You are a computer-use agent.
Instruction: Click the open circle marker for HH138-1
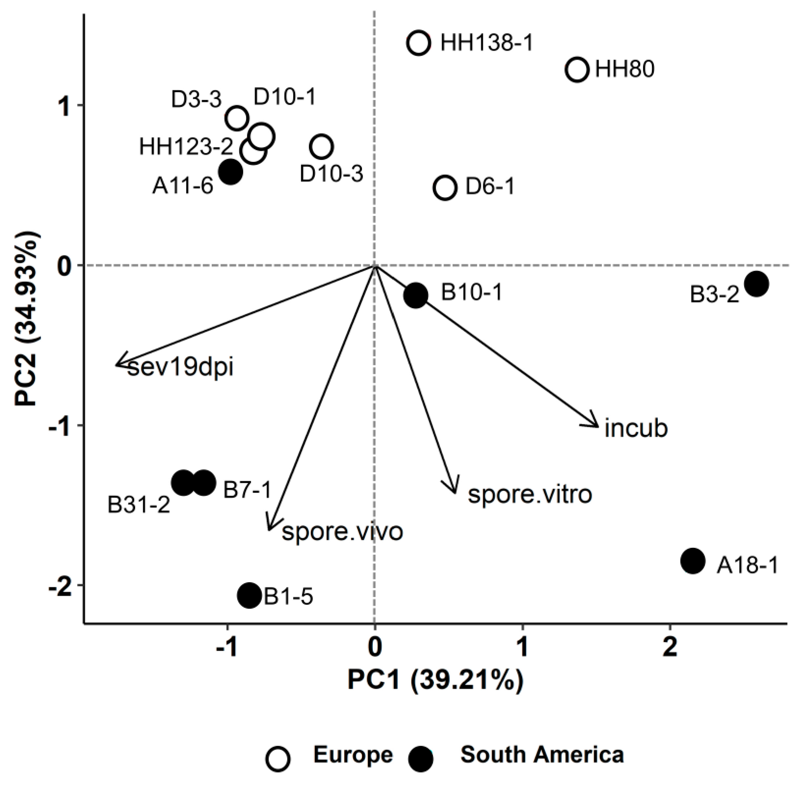pos(419,43)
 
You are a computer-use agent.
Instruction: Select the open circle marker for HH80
pos(577,70)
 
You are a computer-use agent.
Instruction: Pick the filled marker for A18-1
pos(693,561)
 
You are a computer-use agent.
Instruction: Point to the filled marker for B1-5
pos(249,595)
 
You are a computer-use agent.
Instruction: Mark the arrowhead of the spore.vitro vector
pos(455,492)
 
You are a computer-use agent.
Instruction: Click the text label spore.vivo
pos(342,532)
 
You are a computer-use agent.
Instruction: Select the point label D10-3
pos(331,174)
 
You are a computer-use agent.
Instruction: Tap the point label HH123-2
pos(186,147)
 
